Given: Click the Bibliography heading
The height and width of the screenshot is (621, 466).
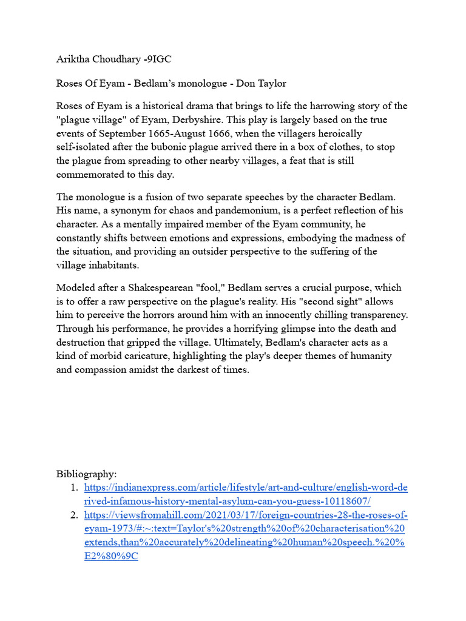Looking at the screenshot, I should pyautogui.click(x=86, y=474).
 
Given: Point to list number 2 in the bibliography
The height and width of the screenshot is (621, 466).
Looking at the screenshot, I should pyautogui.click(x=73, y=515).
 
